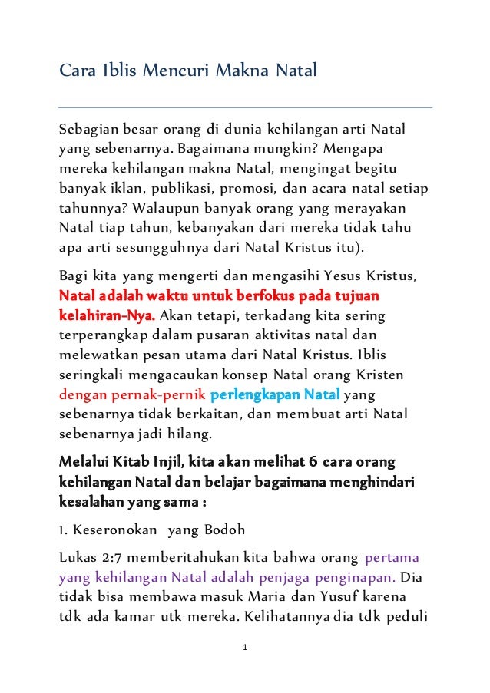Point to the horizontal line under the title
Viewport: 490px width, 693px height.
pos(245,107)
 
